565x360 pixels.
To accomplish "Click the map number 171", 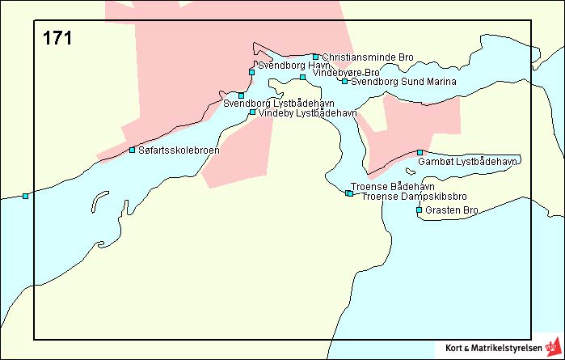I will coord(57,37).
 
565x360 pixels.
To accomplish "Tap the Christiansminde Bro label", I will coord(367,57).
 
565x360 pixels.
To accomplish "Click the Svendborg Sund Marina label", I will coord(403,82).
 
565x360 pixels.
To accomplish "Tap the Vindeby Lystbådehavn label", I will coord(307,113).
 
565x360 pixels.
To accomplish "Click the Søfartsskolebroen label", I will coord(179,150).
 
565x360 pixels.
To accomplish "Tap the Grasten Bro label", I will coord(453,210).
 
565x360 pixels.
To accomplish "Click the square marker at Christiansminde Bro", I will coord(315,57).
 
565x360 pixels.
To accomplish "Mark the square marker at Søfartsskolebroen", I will coord(132,150).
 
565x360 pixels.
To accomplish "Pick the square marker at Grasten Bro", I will coord(419,210).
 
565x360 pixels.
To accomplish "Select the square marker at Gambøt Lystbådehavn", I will coord(420,152).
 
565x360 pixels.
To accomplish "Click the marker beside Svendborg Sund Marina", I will coord(344,81).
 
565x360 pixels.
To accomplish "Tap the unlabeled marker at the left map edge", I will coord(25,196).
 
